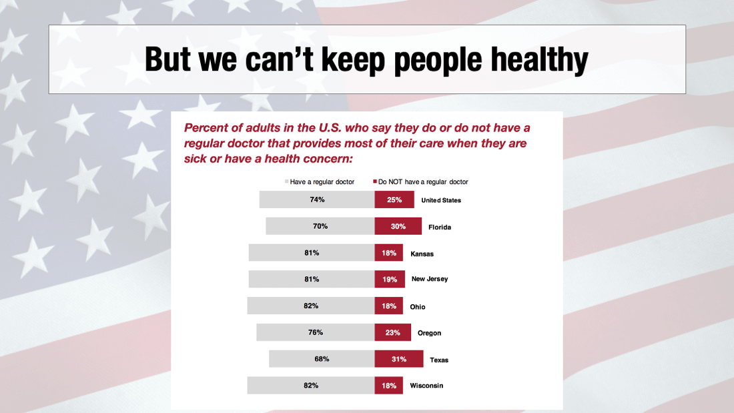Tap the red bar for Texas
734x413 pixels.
coord(398,359)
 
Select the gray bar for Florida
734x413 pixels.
coord(320,226)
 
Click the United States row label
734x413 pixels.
coord(440,200)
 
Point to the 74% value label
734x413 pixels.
coord(317,199)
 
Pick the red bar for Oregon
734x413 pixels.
coord(392,332)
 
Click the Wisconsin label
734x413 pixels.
coord(426,386)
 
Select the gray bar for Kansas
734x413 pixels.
coord(312,253)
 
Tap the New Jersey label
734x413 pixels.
coord(429,279)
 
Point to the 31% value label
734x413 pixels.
coord(398,359)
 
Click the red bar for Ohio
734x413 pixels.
coord(388,306)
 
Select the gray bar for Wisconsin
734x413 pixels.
coord(311,386)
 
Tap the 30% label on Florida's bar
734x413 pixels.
coord(398,226)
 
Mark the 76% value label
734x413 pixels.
coord(316,332)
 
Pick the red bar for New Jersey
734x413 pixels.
coord(390,279)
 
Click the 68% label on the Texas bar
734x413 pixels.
coord(322,359)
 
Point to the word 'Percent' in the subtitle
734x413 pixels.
coord(207,127)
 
